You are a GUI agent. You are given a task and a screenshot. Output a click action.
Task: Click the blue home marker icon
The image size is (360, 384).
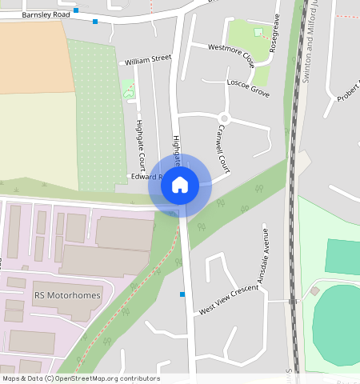[180, 185]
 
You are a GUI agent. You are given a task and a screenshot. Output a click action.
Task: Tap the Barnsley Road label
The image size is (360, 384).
[46, 14]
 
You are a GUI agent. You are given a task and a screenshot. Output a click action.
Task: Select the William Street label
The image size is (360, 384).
[147, 58]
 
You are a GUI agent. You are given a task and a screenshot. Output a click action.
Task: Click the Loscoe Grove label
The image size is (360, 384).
[248, 88]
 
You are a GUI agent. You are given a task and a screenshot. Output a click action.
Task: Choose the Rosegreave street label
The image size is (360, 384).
[274, 33]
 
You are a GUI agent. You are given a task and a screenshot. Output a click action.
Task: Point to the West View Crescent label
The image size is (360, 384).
[230, 298]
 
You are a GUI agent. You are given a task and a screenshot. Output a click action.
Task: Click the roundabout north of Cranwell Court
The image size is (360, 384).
[224, 119]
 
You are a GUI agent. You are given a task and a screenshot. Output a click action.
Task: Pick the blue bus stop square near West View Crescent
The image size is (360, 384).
[182, 294]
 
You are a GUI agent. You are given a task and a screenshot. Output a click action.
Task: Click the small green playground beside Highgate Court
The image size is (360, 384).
[129, 90]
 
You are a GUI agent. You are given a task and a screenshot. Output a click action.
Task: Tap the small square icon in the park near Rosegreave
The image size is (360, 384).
[258, 33]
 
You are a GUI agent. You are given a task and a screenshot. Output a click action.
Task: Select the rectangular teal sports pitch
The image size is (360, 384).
[342, 256]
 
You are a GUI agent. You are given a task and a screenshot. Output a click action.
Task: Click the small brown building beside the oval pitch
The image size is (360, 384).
[314, 290]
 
